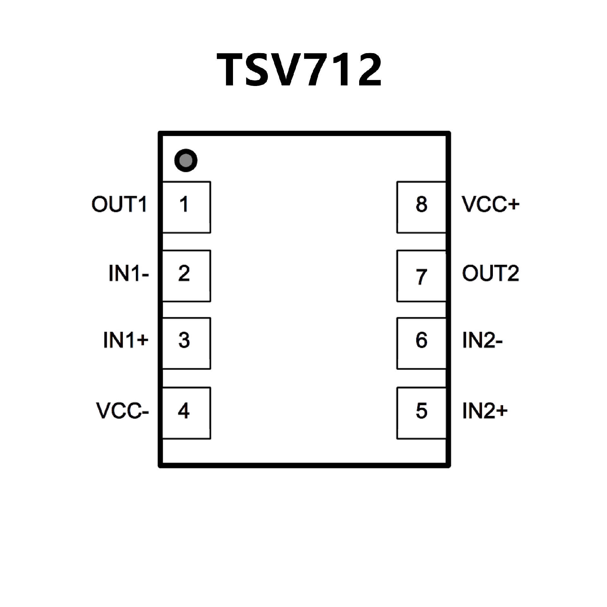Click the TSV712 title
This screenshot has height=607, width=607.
(x=299, y=70)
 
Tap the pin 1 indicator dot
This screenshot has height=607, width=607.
(x=186, y=160)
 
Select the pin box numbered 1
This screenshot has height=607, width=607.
(x=186, y=207)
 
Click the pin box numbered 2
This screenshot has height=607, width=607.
(x=186, y=276)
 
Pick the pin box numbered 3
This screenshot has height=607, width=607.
(x=186, y=343)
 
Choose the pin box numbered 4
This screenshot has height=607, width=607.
(x=186, y=413)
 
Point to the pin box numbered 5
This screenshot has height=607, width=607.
(x=421, y=413)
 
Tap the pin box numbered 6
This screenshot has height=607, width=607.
(x=421, y=343)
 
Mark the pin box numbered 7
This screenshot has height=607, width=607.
(x=421, y=276)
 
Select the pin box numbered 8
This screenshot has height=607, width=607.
(x=421, y=207)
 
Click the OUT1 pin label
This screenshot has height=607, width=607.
(x=120, y=204)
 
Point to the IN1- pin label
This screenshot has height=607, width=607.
(x=129, y=273)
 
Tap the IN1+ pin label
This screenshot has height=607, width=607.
(x=126, y=340)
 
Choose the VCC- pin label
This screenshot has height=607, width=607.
(x=123, y=411)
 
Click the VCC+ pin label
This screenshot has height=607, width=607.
(x=490, y=204)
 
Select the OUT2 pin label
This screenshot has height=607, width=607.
(x=490, y=273)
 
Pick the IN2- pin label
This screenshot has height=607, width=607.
(x=482, y=340)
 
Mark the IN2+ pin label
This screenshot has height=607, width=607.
(x=485, y=411)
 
